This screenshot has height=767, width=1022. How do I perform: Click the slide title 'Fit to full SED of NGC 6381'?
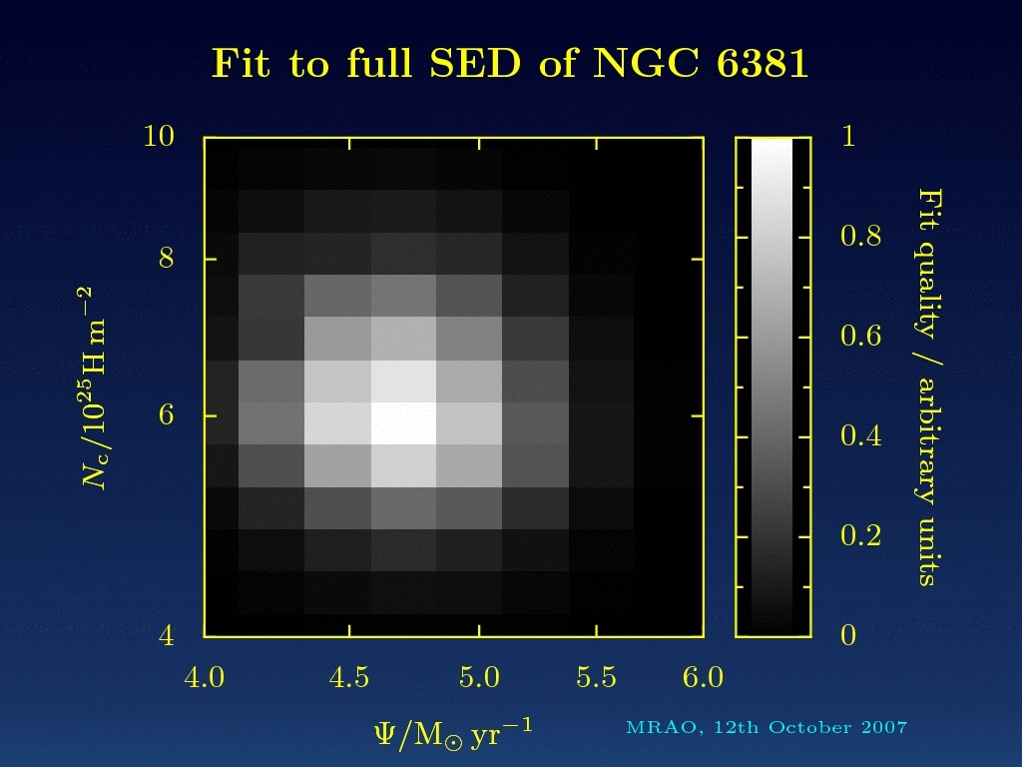510,63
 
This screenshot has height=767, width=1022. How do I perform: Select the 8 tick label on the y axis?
167,259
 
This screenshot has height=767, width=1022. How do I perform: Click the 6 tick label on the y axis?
167,414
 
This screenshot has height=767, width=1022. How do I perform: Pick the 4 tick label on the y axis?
167,635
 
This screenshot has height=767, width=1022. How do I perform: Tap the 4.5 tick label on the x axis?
349,678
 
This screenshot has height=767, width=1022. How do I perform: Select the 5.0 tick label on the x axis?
479,678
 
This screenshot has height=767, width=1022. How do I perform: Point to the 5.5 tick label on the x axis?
596,678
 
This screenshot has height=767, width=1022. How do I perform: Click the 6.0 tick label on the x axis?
703,678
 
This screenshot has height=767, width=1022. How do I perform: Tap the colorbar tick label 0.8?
859,237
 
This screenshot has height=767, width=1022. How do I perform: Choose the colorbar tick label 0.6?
859,337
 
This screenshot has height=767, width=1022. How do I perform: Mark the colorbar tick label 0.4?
859,436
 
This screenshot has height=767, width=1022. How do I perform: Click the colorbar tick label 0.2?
859,536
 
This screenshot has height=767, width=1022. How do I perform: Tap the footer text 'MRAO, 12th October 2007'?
766,727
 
